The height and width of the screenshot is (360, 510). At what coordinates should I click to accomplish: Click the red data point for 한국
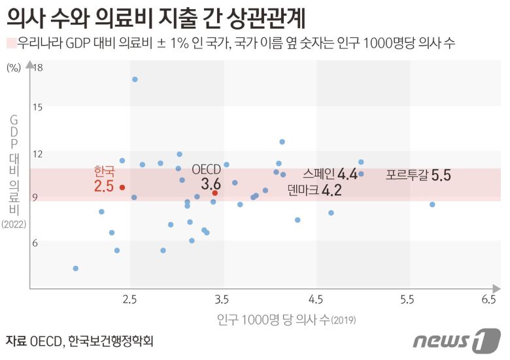point(122,188)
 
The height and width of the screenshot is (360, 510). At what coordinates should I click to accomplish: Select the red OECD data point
point(214,193)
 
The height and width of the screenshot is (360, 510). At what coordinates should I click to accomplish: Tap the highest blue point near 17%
point(135,79)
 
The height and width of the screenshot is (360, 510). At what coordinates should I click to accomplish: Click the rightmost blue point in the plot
point(432,205)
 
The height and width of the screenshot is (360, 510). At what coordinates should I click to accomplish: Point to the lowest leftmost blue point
point(76,269)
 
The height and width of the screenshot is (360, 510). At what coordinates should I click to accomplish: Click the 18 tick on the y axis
point(38,67)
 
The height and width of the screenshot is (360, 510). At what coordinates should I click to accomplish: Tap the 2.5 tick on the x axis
point(129,299)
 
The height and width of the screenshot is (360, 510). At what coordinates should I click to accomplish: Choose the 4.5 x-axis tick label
point(316,299)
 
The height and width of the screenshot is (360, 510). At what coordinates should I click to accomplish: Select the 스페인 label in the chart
point(318,173)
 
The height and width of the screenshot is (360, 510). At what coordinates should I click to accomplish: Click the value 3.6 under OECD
point(211,184)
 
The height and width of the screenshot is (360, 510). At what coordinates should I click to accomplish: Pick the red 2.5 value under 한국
point(104,186)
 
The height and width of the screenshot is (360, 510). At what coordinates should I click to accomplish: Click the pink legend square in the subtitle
point(11,44)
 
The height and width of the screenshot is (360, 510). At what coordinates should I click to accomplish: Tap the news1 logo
point(456,340)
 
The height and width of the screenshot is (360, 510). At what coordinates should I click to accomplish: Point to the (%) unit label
point(14,67)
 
